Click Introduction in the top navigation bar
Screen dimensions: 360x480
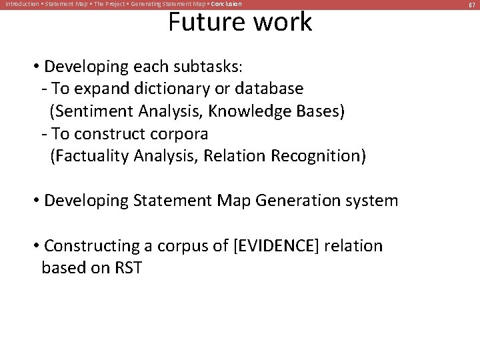coord(21,5)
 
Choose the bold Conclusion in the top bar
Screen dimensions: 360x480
coord(226,5)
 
